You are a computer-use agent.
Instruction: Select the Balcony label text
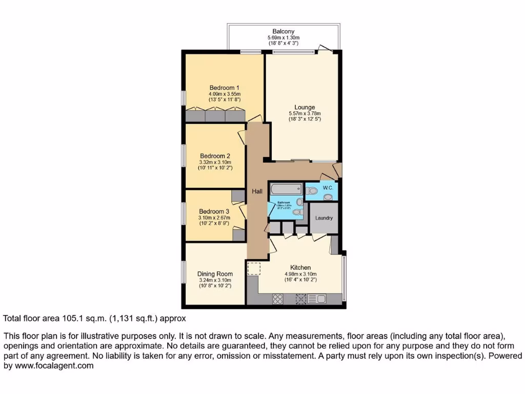[283, 31]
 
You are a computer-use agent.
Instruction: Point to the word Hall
[257, 191]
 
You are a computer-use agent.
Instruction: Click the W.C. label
[328, 188]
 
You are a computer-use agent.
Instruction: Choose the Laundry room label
[324, 218]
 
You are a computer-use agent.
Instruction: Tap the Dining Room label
[215, 274]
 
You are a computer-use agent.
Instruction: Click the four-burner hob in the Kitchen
[278, 299]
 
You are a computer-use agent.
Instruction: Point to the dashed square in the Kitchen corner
[254, 268]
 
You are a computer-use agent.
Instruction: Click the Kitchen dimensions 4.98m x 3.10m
[300, 274]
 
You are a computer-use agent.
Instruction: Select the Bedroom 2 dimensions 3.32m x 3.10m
[215, 162]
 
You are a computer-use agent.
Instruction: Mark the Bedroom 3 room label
[214, 211]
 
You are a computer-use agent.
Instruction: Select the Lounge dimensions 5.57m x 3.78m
[304, 113]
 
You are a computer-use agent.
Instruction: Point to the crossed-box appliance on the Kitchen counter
[301, 299]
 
